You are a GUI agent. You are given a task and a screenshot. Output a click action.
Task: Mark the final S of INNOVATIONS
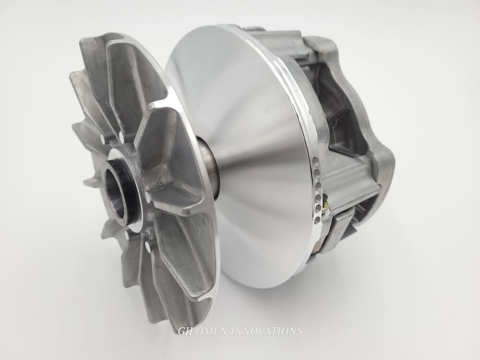[x=300, y=331]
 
